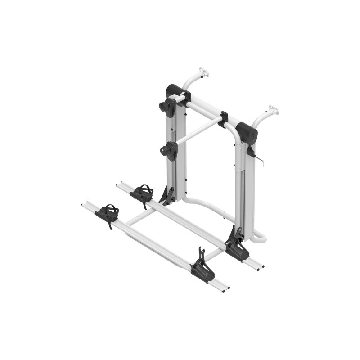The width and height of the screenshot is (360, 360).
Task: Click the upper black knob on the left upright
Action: (168, 106)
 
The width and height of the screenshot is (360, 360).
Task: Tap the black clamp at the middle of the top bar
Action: (223, 120)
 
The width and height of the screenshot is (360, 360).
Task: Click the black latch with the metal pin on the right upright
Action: (252, 153)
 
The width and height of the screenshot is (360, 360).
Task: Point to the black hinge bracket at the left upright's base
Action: (167, 196)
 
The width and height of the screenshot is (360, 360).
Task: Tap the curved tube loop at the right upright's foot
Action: (260, 236)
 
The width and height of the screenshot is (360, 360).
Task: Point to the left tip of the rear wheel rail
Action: (119, 185)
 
